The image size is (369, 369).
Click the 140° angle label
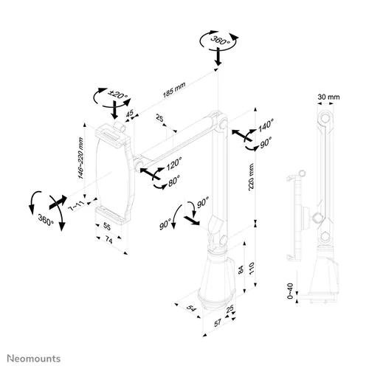[265, 126]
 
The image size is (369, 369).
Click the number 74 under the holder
[107, 241]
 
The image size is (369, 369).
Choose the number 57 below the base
[218, 323]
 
